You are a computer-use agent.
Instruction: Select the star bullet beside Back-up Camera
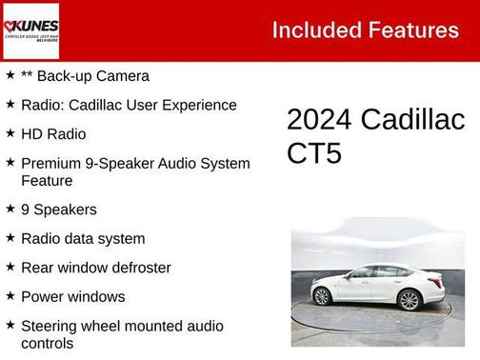pyautogui.click(x=10, y=74)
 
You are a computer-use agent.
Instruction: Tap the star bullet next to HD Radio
pyautogui.click(x=10, y=132)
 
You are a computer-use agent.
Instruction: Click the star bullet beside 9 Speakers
pyautogui.click(x=10, y=209)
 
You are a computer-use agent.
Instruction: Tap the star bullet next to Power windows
pyautogui.click(x=10, y=295)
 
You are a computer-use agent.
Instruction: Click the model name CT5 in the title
pyautogui.click(x=314, y=154)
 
